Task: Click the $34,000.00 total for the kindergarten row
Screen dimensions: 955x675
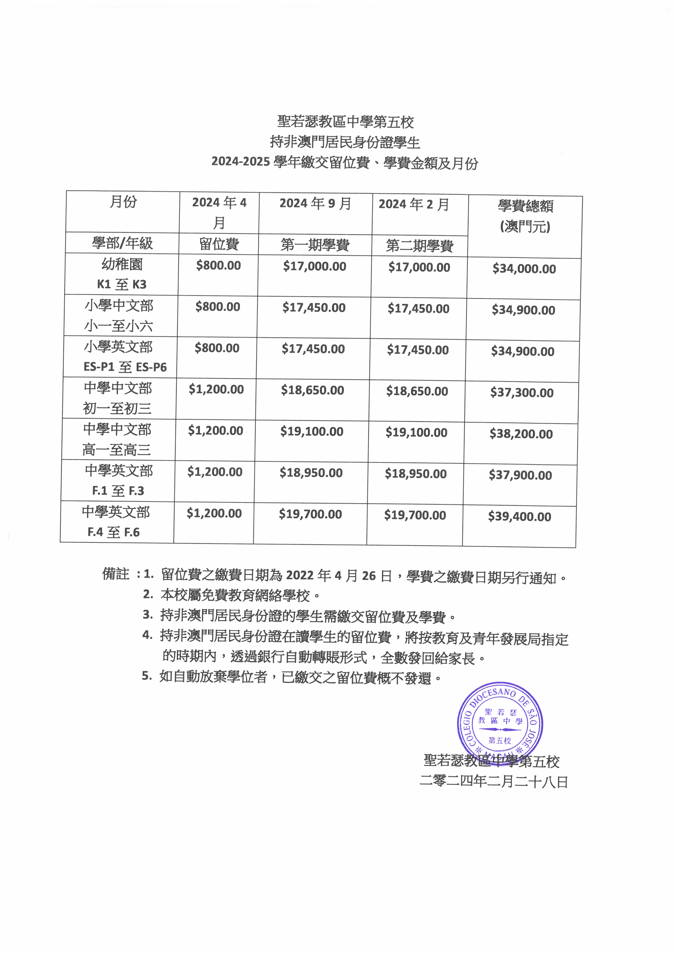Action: [x=524, y=269]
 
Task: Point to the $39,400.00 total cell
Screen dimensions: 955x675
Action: [x=519, y=517]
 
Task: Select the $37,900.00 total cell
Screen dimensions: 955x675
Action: [x=520, y=475]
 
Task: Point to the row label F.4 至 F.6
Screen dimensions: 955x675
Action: [x=113, y=532]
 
